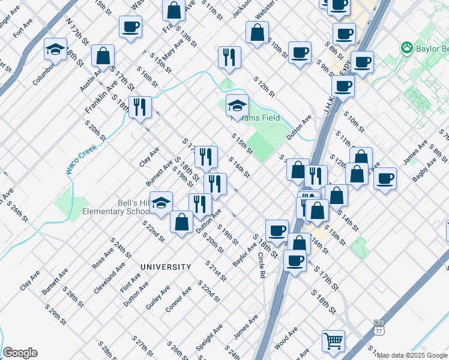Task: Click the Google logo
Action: coord(20,353)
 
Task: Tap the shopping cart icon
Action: coord(333,340)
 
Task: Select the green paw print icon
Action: coord(408,47)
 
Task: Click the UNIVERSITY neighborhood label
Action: coord(166,266)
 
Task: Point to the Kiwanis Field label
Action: coord(258,118)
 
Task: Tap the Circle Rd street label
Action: coord(262,265)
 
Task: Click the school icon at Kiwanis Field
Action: coord(237,106)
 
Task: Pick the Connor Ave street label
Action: coord(178,299)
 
